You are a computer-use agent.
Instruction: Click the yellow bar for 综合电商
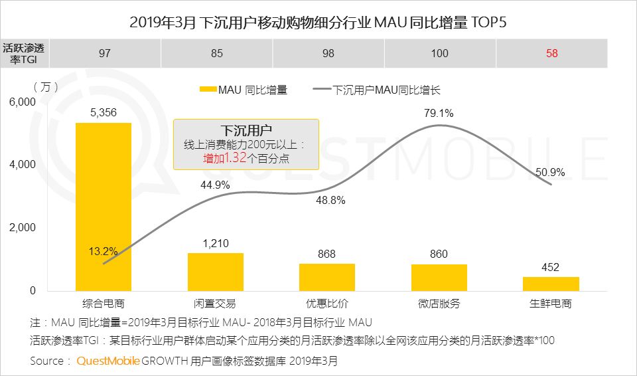[x=104, y=207]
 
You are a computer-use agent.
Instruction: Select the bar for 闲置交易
[x=216, y=272]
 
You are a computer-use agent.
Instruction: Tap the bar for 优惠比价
[x=327, y=277]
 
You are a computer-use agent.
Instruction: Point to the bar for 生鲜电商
[x=551, y=284]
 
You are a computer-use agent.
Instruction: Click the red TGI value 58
[x=551, y=53]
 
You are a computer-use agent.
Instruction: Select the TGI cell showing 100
[x=440, y=53]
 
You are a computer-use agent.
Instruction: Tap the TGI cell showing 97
[x=104, y=53]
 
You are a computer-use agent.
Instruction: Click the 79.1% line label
[x=439, y=113]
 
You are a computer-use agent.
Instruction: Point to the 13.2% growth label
[x=103, y=251]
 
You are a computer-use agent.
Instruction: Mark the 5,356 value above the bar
[x=104, y=113]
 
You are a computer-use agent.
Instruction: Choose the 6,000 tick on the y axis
[x=22, y=102]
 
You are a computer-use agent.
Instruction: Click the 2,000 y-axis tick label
[x=22, y=228]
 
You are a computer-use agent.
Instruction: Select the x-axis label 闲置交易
[x=216, y=304]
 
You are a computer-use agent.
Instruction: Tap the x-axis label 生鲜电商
[x=551, y=304]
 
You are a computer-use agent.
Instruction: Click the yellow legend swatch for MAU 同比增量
[x=207, y=90]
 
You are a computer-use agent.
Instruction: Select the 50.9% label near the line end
[x=550, y=173]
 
